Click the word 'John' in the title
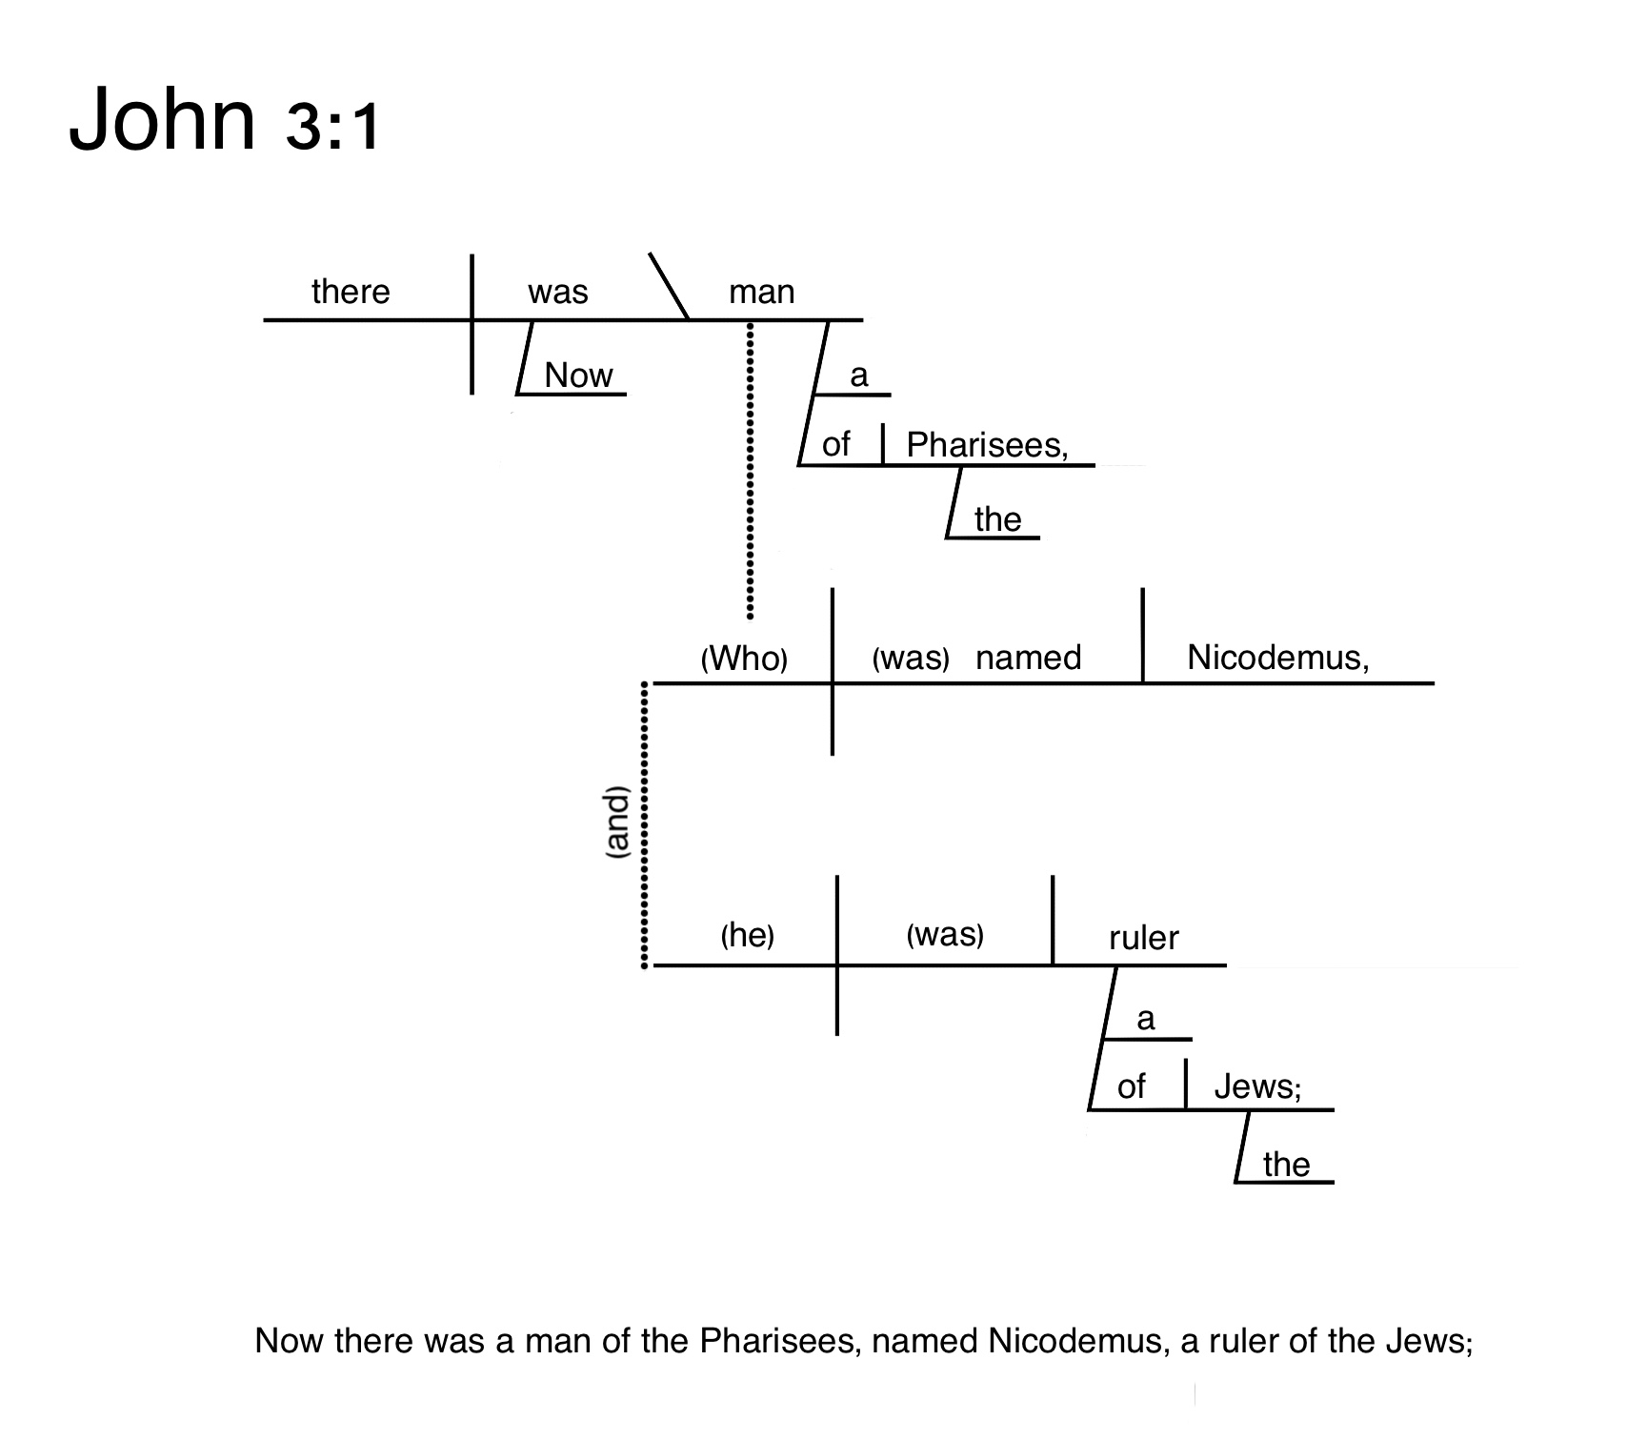click(162, 120)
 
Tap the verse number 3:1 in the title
click(332, 126)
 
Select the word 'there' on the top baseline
click(351, 291)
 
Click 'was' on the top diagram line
click(558, 292)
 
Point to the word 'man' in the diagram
click(761, 292)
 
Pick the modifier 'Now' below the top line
click(578, 375)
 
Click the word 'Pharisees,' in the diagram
click(987, 444)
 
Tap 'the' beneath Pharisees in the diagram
click(997, 519)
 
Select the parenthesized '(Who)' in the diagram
click(744, 658)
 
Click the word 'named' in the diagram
click(1029, 658)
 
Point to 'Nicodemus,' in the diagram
click(1277, 658)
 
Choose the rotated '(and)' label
click(618, 823)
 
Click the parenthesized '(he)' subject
click(747, 935)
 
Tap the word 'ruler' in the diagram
click(1143, 938)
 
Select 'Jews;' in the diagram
click(1256, 1086)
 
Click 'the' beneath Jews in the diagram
click(1286, 1164)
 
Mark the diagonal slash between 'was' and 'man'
click(669, 286)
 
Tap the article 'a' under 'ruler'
click(1146, 1019)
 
